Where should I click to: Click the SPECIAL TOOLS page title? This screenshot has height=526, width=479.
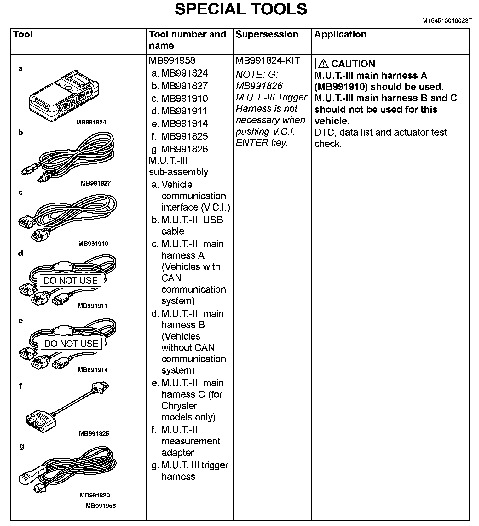tap(241, 9)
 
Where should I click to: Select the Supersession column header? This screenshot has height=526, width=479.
tap(267, 34)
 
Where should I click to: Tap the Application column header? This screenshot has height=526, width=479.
tap(340, 34)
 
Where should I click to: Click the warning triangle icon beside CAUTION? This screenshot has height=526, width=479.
tap(323, 64)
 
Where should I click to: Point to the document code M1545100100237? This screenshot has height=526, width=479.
tap(447, 21)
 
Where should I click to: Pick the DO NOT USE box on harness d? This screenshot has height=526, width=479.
tap(70, 280)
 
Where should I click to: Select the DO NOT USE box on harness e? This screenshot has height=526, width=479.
tap(71, 344)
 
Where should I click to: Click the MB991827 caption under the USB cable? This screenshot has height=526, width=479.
tap(96, 183)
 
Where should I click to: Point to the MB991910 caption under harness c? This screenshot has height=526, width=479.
tap(93, 244)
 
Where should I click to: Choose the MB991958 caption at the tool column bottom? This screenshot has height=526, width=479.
tap(101, 506)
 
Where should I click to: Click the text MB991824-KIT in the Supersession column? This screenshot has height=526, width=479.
tap(268, 60)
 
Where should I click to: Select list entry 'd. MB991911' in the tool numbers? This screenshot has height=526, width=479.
tap(179, 111)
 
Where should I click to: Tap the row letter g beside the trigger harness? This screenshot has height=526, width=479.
tap(21, 446)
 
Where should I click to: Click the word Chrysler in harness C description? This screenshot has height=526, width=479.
tap(179, 406)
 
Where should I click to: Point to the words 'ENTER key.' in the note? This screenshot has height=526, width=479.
tap(261, 143)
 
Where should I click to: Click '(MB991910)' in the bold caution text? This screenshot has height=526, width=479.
tap(341, 87)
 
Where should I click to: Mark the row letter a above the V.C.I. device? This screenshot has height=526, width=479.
tap(21, 69)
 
